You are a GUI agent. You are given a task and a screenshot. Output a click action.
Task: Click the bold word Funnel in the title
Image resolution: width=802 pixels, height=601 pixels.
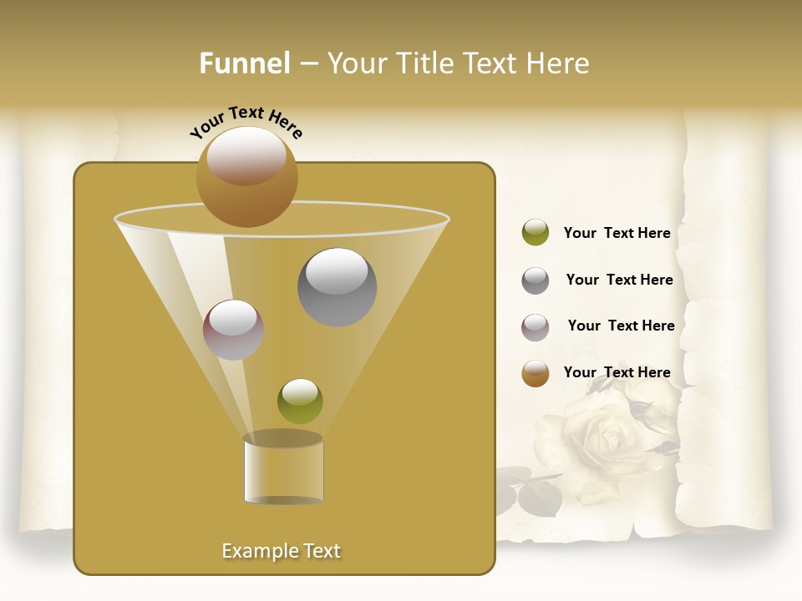point(244,63)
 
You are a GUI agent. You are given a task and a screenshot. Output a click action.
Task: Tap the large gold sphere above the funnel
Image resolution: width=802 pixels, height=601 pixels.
point(246,176)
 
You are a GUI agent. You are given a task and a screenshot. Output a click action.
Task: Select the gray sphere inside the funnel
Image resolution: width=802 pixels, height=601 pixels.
point(338,287)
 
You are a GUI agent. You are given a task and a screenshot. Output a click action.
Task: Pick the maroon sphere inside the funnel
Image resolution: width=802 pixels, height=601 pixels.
point(234,330)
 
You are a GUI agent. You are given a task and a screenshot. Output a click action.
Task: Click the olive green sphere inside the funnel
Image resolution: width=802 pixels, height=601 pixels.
point(300,402)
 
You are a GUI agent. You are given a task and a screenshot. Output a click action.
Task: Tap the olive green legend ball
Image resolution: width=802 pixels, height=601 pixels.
point(536,233)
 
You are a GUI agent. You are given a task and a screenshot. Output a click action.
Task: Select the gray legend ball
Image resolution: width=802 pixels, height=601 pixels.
point(536,280)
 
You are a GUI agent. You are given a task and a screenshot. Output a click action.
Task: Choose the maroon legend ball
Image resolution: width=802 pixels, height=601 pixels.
point(536,327)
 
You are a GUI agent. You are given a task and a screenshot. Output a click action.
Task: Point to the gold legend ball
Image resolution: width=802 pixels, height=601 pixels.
point(536,373)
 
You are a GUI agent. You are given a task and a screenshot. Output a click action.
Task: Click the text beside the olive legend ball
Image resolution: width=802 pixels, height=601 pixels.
point(617,234)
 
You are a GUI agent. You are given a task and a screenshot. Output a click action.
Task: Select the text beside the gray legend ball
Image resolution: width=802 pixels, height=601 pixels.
point(619,280)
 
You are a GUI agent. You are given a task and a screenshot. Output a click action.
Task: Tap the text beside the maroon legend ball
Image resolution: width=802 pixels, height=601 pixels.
point(621,326)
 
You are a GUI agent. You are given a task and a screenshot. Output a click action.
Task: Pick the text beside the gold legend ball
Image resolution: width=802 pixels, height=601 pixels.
point(617,373)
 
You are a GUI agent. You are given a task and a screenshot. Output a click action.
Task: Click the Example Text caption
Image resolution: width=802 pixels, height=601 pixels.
point(282,551)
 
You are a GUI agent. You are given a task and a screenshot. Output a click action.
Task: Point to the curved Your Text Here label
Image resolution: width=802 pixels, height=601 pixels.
point(246,122)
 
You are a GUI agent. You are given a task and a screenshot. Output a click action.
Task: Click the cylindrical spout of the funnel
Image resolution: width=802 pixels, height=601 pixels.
point(283,469)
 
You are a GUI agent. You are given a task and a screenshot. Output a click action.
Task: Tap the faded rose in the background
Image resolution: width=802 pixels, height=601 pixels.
point(606,438)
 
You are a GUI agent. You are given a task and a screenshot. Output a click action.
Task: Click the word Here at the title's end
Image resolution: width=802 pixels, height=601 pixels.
point(558,63)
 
